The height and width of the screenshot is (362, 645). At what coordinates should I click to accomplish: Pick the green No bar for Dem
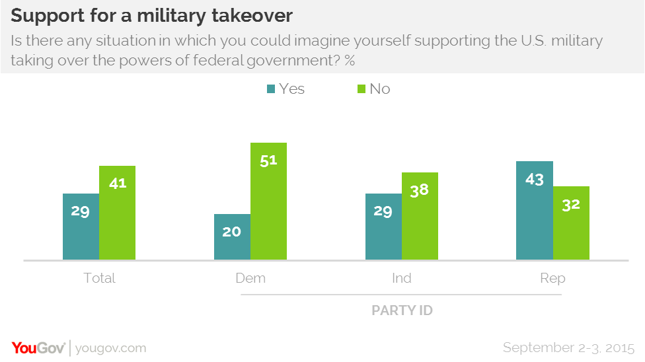click(x=268, y=201)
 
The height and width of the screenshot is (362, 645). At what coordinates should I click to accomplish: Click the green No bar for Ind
click(x=420, y=216)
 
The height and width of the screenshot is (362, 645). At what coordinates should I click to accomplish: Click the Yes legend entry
click(x=285, y=89)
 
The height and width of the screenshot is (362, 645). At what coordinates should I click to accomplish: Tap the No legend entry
click(x=373, y=89)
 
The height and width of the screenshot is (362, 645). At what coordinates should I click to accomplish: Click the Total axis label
click(x=99, y=278)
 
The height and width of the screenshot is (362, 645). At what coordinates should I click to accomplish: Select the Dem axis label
click(x=250, y=278)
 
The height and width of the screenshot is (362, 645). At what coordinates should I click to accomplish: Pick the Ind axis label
click(x=401, y=278)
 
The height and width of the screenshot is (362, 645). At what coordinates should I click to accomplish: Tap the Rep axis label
click(x=552, y=278)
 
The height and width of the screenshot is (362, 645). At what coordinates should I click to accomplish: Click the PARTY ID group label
click(x=402, y=310)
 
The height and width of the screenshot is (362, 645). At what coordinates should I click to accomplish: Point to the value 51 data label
click(x=268, y=161)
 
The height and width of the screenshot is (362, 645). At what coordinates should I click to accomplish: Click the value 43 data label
click(x=534, y=179)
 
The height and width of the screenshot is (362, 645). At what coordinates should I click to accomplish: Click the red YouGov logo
click(x=39, y=347)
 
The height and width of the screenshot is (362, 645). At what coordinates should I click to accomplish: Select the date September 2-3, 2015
click(x=568, y=347)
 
